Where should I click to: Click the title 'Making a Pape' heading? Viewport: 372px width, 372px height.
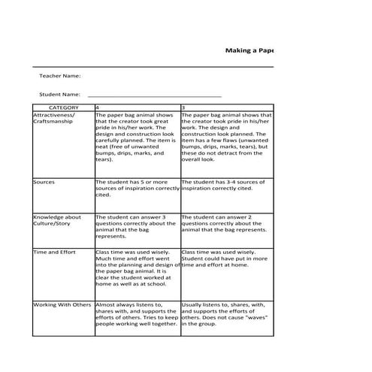click(250, 50)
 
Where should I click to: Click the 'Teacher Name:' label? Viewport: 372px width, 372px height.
click(60, 76)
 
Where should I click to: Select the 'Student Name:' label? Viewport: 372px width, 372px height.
click(60, 95)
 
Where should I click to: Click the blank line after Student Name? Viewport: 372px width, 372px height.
click(154, 95)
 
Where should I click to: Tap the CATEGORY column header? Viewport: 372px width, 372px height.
click(63, 107)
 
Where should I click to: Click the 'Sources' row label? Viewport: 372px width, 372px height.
click(44, 182)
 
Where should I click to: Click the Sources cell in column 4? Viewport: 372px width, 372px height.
click(138, 187)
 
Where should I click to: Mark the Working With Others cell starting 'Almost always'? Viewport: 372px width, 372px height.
click(138, 314)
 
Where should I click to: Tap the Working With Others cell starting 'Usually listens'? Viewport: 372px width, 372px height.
click(226, 314)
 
